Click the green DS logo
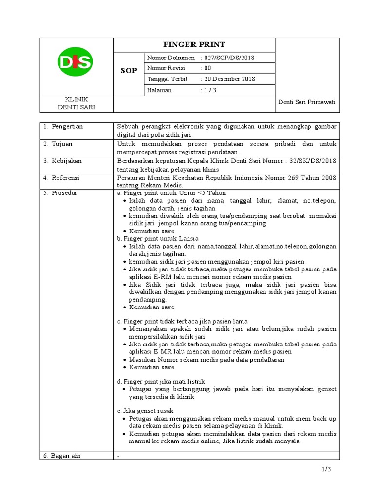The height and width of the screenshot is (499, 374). (x=75, y=61)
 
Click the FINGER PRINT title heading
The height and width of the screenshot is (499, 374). (x=194, y=44)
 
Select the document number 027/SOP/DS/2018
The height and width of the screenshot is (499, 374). (x=229, y=58)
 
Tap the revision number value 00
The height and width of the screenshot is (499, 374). (x=208, y=68)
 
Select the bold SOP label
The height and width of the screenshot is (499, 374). (x=129, y=71)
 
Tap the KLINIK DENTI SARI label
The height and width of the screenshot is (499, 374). (x=76, y=103)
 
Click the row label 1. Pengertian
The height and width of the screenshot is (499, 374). (x=63, y=126)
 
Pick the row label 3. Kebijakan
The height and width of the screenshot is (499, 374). (x=63, y=161)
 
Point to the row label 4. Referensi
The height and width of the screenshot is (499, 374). (x=63, y=178)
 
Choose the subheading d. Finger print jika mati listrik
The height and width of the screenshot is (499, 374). (x=161, y=381)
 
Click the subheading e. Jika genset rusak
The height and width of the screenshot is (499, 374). (x=145, y=411)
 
